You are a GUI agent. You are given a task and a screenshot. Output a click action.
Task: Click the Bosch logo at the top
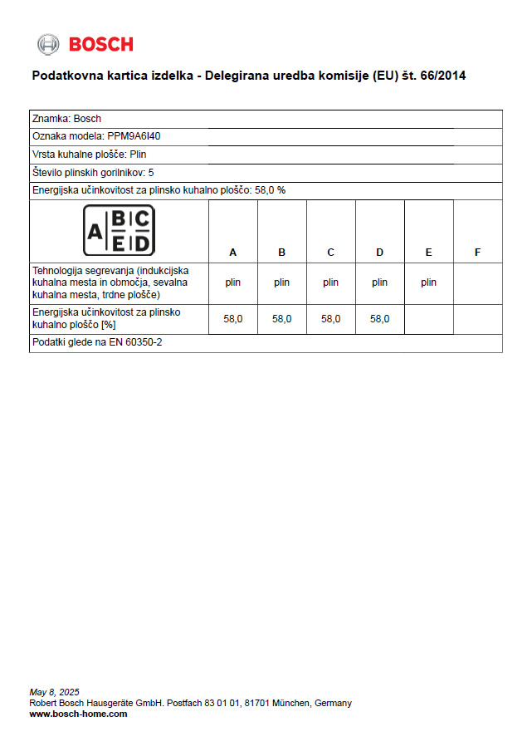click(x=85, y=44)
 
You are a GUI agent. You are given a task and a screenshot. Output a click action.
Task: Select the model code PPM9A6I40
click(x=134, y=136)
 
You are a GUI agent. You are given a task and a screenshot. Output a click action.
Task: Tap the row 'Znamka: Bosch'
click(x=66, y=119)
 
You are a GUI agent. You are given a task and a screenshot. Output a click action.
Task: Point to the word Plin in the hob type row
click(x=138, y=155)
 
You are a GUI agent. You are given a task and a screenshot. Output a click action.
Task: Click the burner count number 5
click(x=150, y=172)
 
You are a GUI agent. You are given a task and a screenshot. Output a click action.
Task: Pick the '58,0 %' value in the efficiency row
click(x=270, y=190)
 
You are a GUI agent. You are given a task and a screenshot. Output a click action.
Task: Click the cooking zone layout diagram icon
click(x=119, y=230)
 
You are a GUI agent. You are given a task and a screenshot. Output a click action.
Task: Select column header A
click(x=232, y=252)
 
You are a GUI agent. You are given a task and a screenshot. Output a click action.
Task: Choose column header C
click(x=330, y=252)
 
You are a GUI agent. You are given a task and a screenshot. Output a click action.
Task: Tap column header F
click(x=477, y=252)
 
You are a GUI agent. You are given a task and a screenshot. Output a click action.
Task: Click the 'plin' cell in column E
click(x=428, y=282)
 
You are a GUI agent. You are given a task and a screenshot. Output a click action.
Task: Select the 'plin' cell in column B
click(x=281, y=282)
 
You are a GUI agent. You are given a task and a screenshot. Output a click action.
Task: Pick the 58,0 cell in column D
click(x=379, y=318)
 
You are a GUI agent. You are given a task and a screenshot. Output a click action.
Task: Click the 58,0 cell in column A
click(x=232, y=318)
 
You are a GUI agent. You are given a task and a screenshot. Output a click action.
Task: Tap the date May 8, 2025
click(x=54, y=692)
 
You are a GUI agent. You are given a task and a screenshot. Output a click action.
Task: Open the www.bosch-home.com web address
click(x=78, y=714)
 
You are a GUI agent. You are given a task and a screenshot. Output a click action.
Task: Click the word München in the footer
click(x=289, y=703)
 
